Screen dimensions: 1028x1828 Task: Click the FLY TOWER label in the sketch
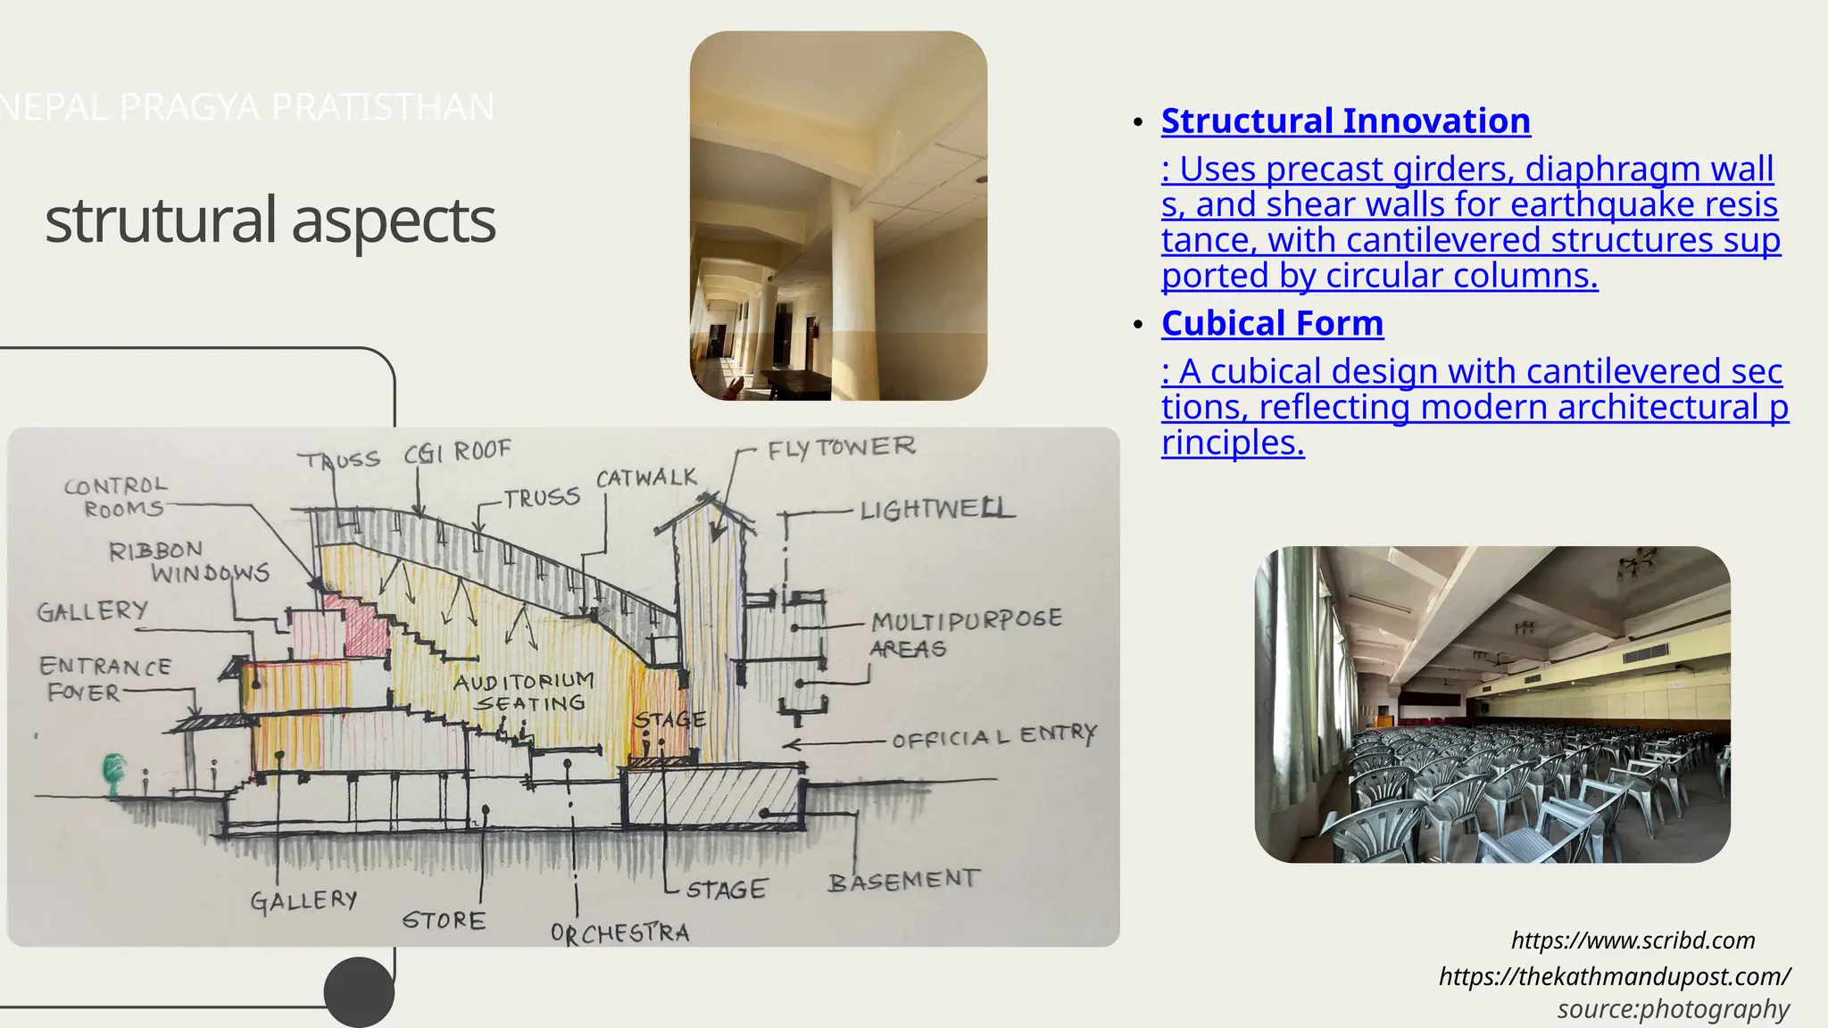point(841,447)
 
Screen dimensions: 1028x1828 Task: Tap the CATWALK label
point(646,478)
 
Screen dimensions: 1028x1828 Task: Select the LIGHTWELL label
point(936,510)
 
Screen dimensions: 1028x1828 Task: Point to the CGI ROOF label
point(457,452)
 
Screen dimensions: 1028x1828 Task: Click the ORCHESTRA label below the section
point(619,933)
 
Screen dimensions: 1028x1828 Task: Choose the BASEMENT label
point(902,881)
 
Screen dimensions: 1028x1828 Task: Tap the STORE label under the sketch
point(444,920)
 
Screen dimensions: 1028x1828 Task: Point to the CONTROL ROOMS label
point(117,497)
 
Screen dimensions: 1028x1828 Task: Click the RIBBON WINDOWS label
point(188,561)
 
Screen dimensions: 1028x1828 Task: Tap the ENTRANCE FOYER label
point(103,679)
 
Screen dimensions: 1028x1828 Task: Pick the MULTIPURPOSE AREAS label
point(965,633)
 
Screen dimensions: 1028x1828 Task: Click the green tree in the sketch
point(113,772)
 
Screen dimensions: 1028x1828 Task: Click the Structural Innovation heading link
point(1345,120)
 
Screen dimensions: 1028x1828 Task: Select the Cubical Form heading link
point(1272,323)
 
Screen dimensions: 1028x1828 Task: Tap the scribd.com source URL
point(1633,940)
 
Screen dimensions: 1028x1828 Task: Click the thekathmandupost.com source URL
point(1614,975)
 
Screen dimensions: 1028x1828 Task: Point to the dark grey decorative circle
point(359,992)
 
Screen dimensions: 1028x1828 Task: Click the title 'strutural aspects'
point(270,220)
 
